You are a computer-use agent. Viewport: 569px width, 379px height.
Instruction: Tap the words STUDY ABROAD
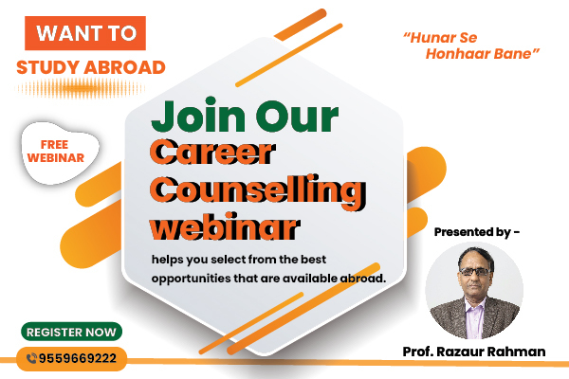click(91, 67)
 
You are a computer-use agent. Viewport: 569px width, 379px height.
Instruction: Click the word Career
click(214, 153)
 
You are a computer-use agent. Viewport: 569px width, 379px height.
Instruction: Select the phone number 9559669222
click(81, 358)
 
